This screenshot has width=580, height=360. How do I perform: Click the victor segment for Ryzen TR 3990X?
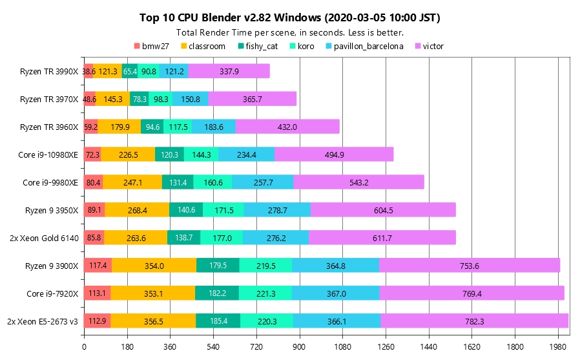[229, 71]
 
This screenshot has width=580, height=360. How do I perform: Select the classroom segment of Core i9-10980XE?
[128, 154]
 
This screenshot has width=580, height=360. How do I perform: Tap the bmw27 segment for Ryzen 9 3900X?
[98, 265]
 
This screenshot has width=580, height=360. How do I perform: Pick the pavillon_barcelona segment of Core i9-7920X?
[335, 293]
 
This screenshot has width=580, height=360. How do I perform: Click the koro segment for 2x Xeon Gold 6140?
[222, 238]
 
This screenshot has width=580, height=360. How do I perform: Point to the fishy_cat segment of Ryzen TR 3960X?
[152, 127]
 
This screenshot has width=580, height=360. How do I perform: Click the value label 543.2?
[358, 182]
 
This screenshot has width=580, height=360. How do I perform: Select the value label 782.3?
[474, 321]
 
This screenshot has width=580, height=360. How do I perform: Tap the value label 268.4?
[137, 210]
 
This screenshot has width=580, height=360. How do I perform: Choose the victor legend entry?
[429, 46]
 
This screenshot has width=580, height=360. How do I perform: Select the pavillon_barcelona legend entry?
[367, 46]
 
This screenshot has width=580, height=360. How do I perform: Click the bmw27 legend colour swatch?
[137, 46]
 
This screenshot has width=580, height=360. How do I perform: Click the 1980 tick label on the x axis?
[559, 347]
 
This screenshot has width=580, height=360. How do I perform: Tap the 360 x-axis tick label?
[170, 347]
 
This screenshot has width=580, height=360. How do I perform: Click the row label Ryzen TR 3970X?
[49, 99]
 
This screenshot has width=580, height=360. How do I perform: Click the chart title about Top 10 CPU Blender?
[290, 17]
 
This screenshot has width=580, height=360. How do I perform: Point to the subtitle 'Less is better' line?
[290, 32]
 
